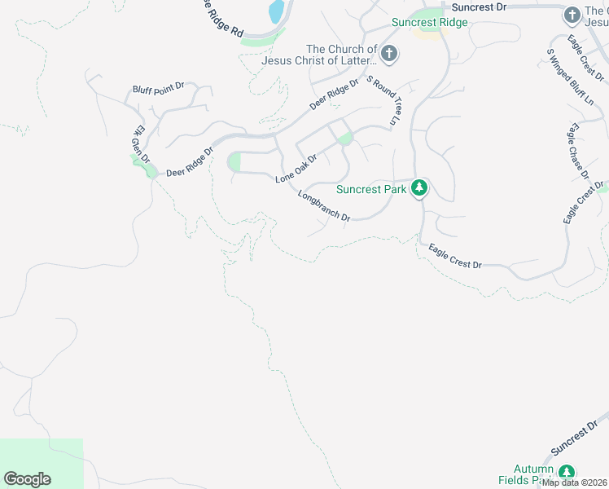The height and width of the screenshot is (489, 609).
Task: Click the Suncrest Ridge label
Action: click(x=429, y=23)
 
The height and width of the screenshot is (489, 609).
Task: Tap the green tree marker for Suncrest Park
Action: click(x=419, y=189)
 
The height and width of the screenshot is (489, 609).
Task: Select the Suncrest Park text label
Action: click(x=371, y=190)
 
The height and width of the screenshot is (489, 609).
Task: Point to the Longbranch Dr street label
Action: click(x=324, y=207)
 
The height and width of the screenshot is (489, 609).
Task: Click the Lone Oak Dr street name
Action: click(x=296, y=167)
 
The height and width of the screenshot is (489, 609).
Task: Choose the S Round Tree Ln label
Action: click(x=385, y=99)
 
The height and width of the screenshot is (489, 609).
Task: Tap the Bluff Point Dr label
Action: click(x=160, y=89)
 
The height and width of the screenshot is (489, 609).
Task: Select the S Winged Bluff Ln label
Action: click(x=569, y=77)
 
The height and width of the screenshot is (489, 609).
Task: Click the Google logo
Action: click(x=27, y=479)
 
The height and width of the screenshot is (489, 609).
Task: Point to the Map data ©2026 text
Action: click(x=575, y=482)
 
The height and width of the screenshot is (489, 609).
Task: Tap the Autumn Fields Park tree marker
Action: click(x=567, y=473)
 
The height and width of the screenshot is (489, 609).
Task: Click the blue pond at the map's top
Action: click(x=277, y=11)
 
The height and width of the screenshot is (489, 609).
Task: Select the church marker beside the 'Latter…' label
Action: click(x=389, y=55)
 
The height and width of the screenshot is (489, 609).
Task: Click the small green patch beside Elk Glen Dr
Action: click(x=150, y=170)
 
